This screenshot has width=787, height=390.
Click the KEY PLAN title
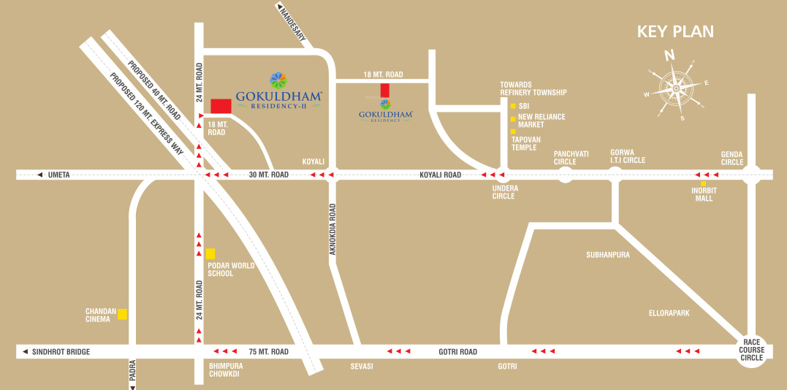pyautogui.click(x=674, y=31)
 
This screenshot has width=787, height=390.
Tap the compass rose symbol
pyautogui.click(x=676, y=88)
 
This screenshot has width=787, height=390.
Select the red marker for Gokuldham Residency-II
pyautogui.click(x=221, y=106)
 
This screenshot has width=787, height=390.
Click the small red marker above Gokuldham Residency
pyautogui.click(x=384, y=91)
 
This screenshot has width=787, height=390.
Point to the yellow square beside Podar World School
pyautogui.click(x=210, y=253)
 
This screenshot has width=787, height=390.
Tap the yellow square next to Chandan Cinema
pyautogui.click(x=123, y=314)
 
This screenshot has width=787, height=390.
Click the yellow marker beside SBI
pyautogui.click(x=513, y=106)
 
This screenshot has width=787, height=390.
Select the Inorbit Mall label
pyautogui.click(x=704, y=194)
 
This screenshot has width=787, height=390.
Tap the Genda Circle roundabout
pyautogui.click(x=752, y=175)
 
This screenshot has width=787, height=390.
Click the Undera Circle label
pyautogui.click(x=504, y=192)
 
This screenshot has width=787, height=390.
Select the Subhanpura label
pyautogui.click(x=607, y=255)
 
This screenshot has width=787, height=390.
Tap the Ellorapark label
pyautogui.click(x=669, y=313)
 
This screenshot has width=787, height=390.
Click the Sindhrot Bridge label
pyautogui.click(x=61, y=352)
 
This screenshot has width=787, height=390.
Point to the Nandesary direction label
pyautogui.click(x=292, y=23)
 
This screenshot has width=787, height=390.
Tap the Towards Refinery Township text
pyautogui.click(x=533, y=88)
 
